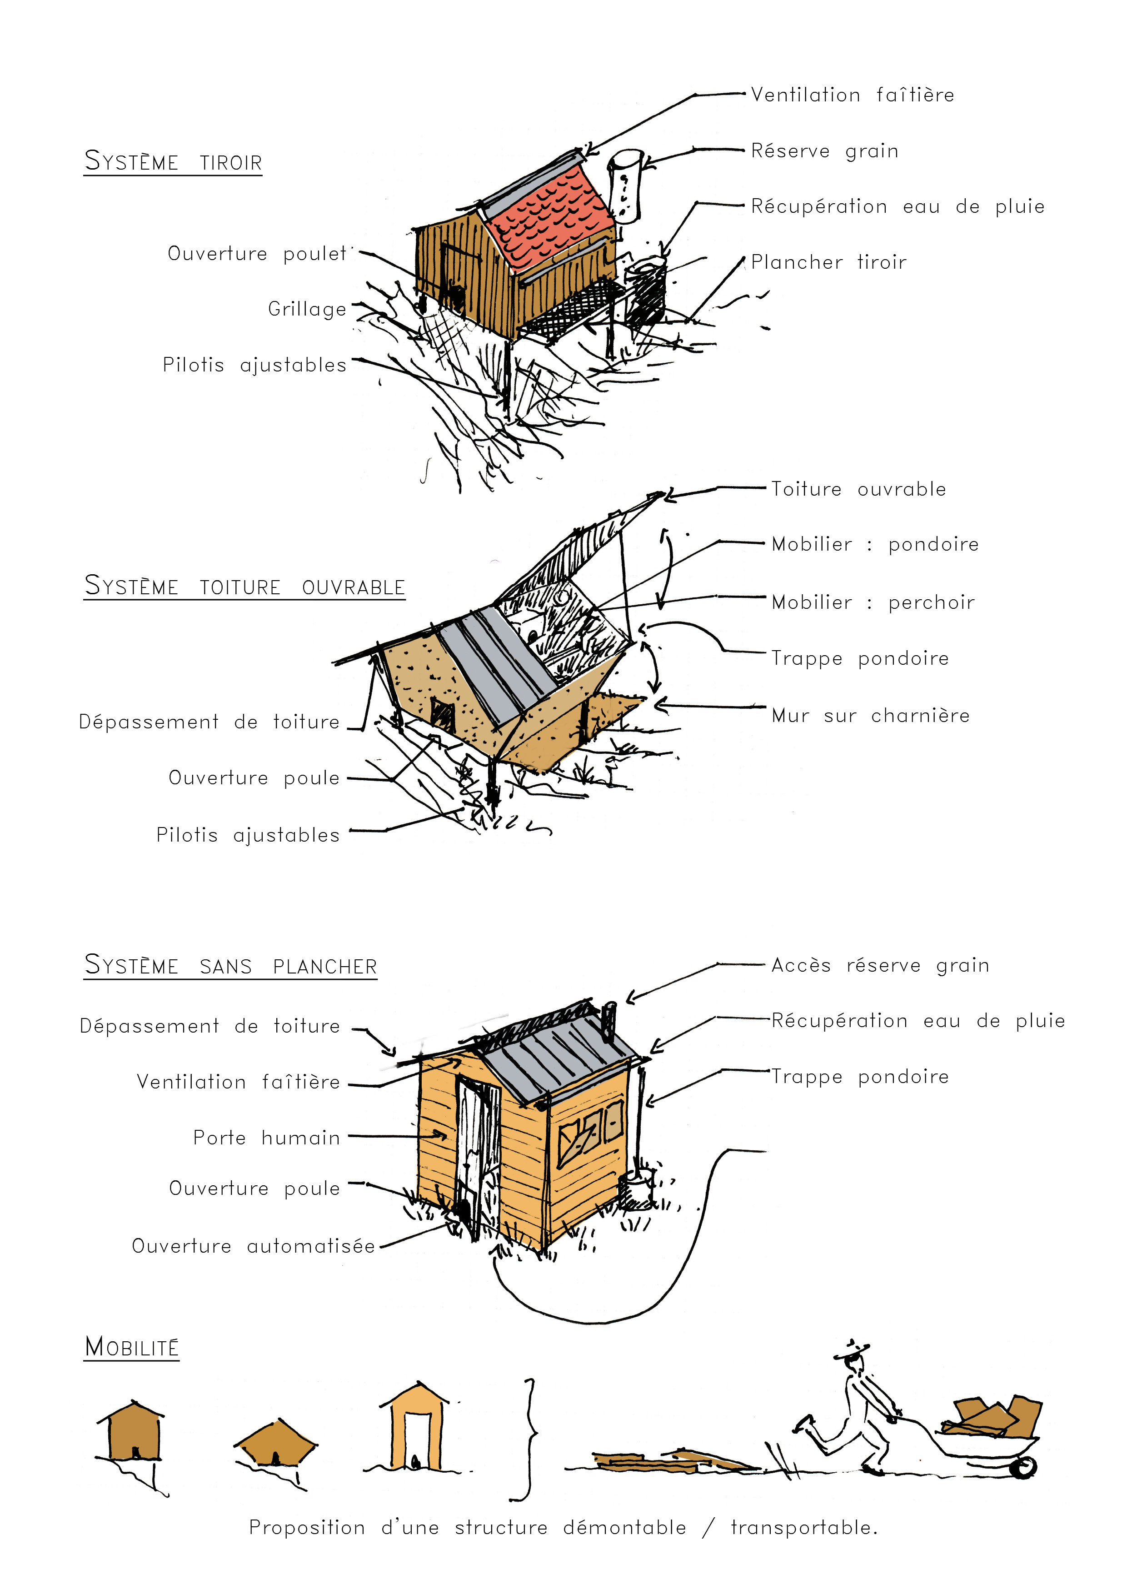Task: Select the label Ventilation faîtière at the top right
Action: pyautogui.click(x=852, y=95)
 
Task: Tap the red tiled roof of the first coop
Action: pyautogui.click(x=549, y=217)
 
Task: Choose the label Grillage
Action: pyautogui.click(x=307, y=309)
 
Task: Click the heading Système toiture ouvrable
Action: pyautogui.click(x=244, y=587)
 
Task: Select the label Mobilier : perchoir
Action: pyautogui.click(x=873, y=602)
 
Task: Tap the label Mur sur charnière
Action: pyautogui.click(x=870, y=716)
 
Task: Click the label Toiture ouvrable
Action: pyautogui.click(x=858, y=489)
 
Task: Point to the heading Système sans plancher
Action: pyautogui.click(x=230, y=966)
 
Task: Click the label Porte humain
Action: pyautogui.click(x=267, y=1138)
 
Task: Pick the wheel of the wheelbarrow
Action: pyautogui.click(x=1023, y=1467)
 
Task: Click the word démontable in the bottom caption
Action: pyautogui.click(x=624, y=1528)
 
